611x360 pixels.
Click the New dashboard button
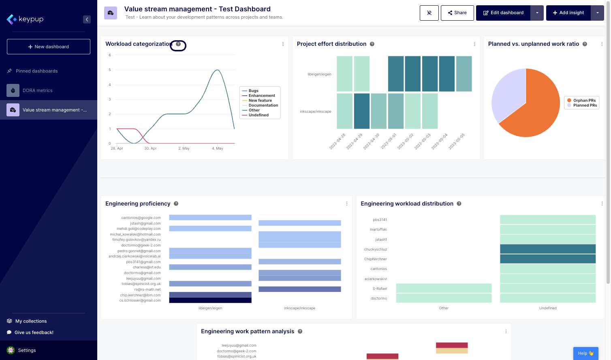coord(49,47)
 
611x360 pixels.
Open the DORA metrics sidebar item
coord(37,90)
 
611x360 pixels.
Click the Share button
coord(457,13)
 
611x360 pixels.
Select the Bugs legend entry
coord(253,91)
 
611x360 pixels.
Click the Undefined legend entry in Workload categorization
coord(258,115)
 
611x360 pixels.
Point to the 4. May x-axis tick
coord(218,148)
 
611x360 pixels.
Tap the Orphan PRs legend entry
coord(584,101)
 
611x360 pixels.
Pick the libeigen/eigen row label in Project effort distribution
coord(319,74)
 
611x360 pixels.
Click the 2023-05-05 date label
coord(457,141)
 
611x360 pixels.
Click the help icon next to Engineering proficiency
coord(176,204)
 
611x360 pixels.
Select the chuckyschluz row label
coord(375,249)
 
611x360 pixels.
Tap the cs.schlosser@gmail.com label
coord(140,300)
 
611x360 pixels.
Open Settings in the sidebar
coord(27,350)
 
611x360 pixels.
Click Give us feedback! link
coord(34,332)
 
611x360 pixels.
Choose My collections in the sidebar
coord(31,321)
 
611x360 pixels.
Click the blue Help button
coord(585,353)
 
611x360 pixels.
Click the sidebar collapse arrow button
coord(87,19)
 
